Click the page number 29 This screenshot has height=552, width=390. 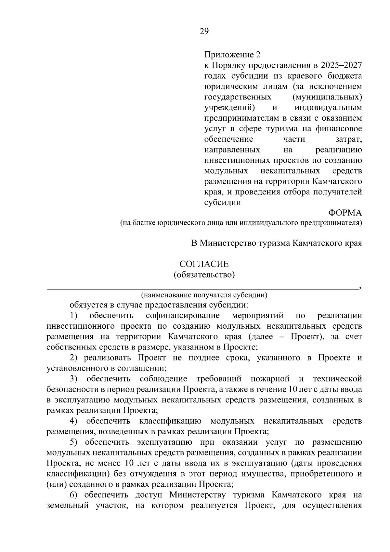coord(204,32)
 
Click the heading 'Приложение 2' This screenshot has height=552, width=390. coord(232,55)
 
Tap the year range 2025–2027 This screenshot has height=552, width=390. coord(341,65)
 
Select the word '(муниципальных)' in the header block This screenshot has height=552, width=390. coord(327,97)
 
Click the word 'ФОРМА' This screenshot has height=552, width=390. coord(345,213)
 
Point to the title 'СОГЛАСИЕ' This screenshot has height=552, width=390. coord(204,264)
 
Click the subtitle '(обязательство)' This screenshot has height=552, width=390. coord(204,275)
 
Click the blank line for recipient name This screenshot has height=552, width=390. coord(201,287)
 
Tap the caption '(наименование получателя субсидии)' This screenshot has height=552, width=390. coord(204,295)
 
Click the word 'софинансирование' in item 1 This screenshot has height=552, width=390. coord(183,316)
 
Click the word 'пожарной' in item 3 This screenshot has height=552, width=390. coord(270,379)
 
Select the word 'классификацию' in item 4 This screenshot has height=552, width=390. coord(170,421)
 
